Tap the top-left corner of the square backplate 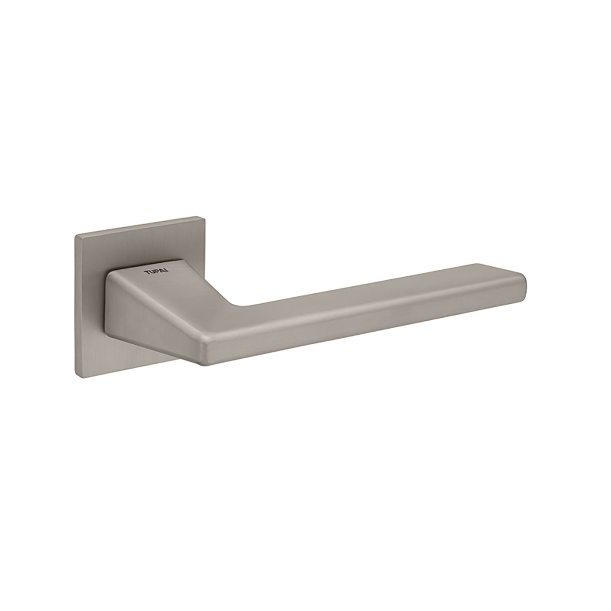coord(75,236)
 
